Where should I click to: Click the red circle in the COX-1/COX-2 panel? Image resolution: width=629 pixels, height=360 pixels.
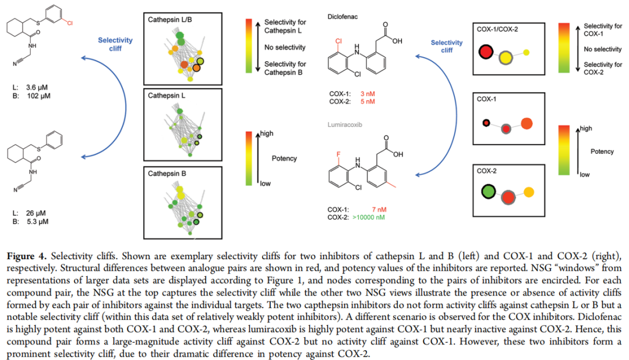coord(486,52)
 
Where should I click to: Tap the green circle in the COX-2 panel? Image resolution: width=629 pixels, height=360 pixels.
coord(489,192)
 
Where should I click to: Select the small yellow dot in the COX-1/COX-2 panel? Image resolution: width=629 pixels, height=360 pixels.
coord(526,52)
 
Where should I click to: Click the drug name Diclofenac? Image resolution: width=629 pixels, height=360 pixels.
coord(342,17)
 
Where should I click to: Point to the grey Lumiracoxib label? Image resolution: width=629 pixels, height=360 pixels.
coord(345,125)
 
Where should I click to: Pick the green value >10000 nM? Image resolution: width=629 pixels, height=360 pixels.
coord(369,217)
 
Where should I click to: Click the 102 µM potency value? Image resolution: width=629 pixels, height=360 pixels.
coord(39,96)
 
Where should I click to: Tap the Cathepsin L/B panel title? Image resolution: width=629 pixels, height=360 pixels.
coord(169,20)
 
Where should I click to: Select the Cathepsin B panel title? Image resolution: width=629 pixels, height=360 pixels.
coord(167,174)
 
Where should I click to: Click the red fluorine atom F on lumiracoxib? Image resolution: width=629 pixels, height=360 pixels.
coord(338,154)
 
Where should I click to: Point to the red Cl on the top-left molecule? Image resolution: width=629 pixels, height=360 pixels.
coord(70,23)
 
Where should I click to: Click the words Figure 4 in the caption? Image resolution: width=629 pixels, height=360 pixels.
coord(26,256)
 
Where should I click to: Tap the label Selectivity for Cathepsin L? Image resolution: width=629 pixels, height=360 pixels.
coord(285,26)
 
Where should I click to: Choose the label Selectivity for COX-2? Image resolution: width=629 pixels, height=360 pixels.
coord(603,68)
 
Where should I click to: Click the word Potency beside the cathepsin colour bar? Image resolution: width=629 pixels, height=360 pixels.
coord(284,158)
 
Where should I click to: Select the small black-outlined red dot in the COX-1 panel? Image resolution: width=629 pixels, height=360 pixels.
coord(486,123)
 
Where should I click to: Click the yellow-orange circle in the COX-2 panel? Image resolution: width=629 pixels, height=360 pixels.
coord(529,192)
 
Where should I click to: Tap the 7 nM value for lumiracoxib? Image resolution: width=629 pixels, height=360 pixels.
coord(379,210)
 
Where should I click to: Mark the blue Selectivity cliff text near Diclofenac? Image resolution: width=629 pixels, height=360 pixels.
coord(447,46)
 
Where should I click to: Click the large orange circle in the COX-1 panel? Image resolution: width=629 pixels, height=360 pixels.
coord(526,123)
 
